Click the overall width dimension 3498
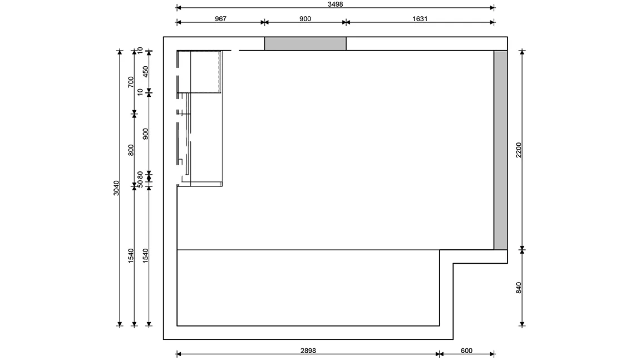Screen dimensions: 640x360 335,4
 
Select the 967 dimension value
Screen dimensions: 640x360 220,19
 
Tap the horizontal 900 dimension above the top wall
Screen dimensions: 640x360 305,19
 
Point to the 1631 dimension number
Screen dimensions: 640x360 420,19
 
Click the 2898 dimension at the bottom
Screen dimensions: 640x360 308,351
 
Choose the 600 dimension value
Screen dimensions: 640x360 466,351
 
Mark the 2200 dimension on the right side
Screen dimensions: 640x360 519,150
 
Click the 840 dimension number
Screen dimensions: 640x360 519,288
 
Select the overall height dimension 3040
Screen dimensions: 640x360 116,188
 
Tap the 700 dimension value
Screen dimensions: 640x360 131,82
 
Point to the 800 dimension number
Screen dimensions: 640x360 131,150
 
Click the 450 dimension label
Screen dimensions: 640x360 146,72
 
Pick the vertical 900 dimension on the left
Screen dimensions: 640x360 146,134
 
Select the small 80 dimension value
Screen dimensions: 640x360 140,175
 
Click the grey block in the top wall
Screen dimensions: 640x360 306,43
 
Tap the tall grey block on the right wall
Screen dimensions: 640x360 500,150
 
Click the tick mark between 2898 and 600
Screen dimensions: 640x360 439,354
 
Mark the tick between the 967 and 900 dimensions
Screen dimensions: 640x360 264,22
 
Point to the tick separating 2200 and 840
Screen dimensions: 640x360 522,249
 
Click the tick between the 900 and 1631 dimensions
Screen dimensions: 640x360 346,22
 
